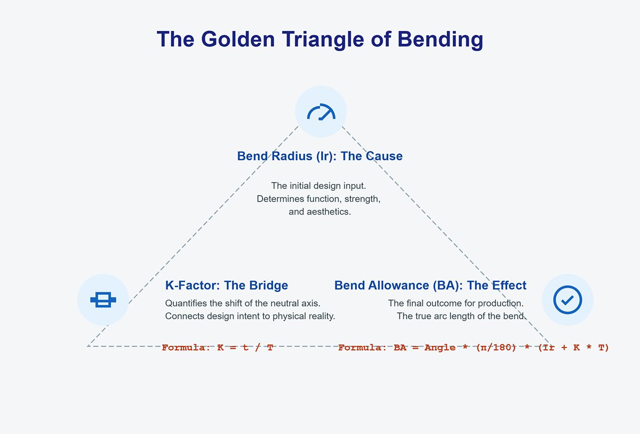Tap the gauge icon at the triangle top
coord(321,112)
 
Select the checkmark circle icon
coord(567,299)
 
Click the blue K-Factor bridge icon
coord(103,300)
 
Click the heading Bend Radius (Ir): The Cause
coord(319,156)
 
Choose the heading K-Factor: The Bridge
coord(227,286)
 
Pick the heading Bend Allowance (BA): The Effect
coord(430,286)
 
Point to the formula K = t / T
coord(245,348)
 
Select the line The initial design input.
coord(318,186)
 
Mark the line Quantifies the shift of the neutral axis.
coord(243,303)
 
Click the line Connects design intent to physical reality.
coord(250,316)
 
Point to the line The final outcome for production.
coord(455,303)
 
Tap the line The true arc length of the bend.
coord(461,316)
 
